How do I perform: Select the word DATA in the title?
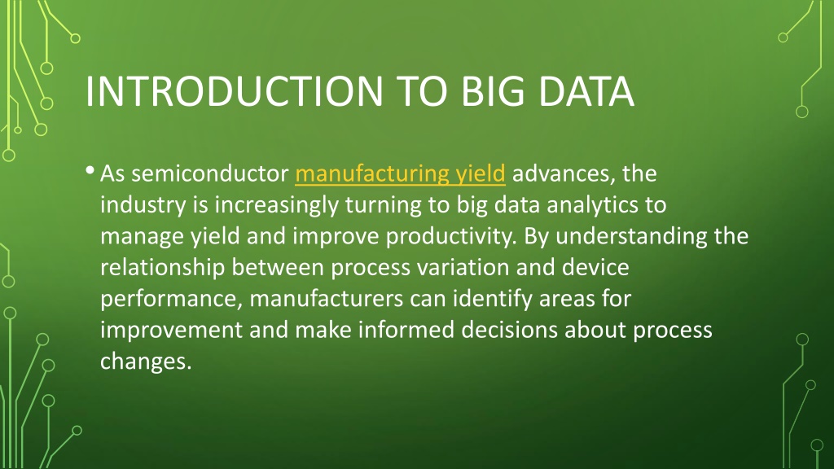[586, 91]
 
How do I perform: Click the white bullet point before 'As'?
[90, 171]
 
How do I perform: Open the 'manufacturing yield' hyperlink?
[400, 174]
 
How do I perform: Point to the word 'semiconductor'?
[209, 174]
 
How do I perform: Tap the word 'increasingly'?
[277, 205]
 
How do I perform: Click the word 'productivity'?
[451, 237]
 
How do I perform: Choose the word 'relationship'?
[163, 267]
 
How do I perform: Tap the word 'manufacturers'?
[327, 299]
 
